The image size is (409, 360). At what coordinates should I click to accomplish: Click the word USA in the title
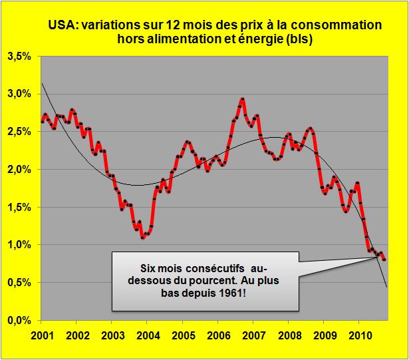click(x=61, y=25)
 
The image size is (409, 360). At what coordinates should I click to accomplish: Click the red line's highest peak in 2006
click(x=242, y=99)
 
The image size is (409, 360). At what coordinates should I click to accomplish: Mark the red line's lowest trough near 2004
click(x=142, y=238)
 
